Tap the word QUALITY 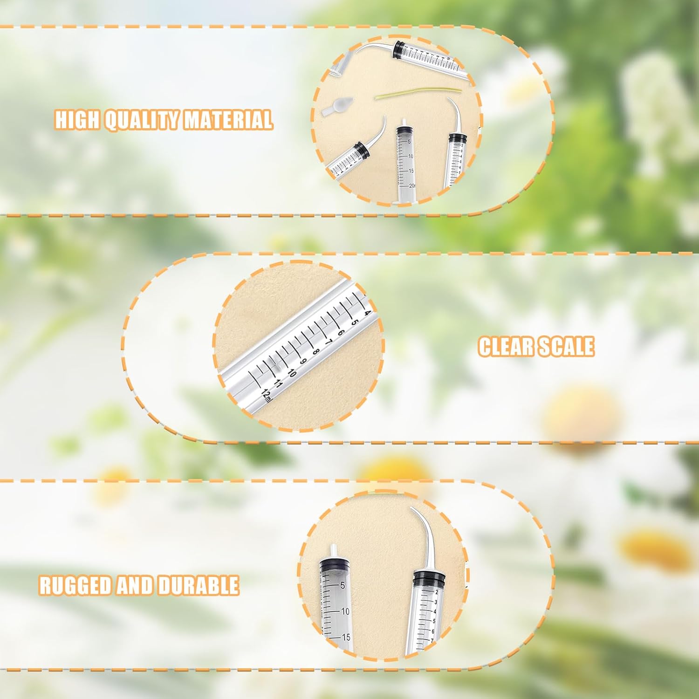(142, 120)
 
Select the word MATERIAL (228, 120)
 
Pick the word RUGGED (75, 585)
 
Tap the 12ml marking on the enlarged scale (267, 395)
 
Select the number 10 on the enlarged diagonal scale (292, 372)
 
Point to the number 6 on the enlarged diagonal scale (341, 332)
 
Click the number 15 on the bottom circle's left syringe (346, 637)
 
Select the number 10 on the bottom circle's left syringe (345, 611)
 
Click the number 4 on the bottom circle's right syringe (435, 611)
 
